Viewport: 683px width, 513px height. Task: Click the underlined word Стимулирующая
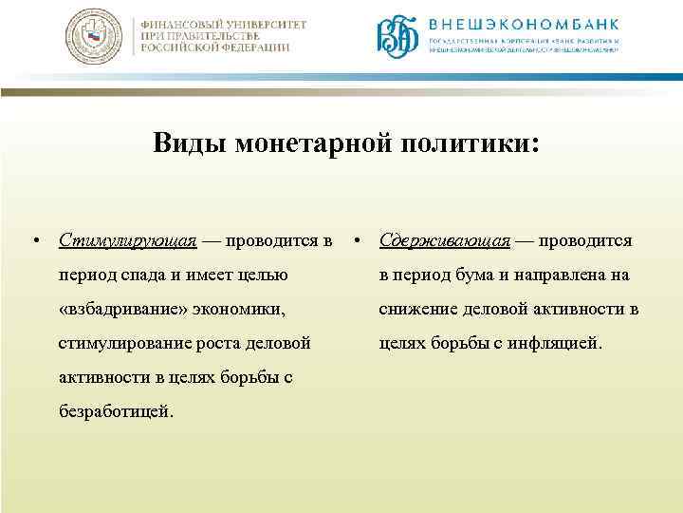tap(127, 241)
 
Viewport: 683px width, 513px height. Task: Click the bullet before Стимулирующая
tap(34, 241)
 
